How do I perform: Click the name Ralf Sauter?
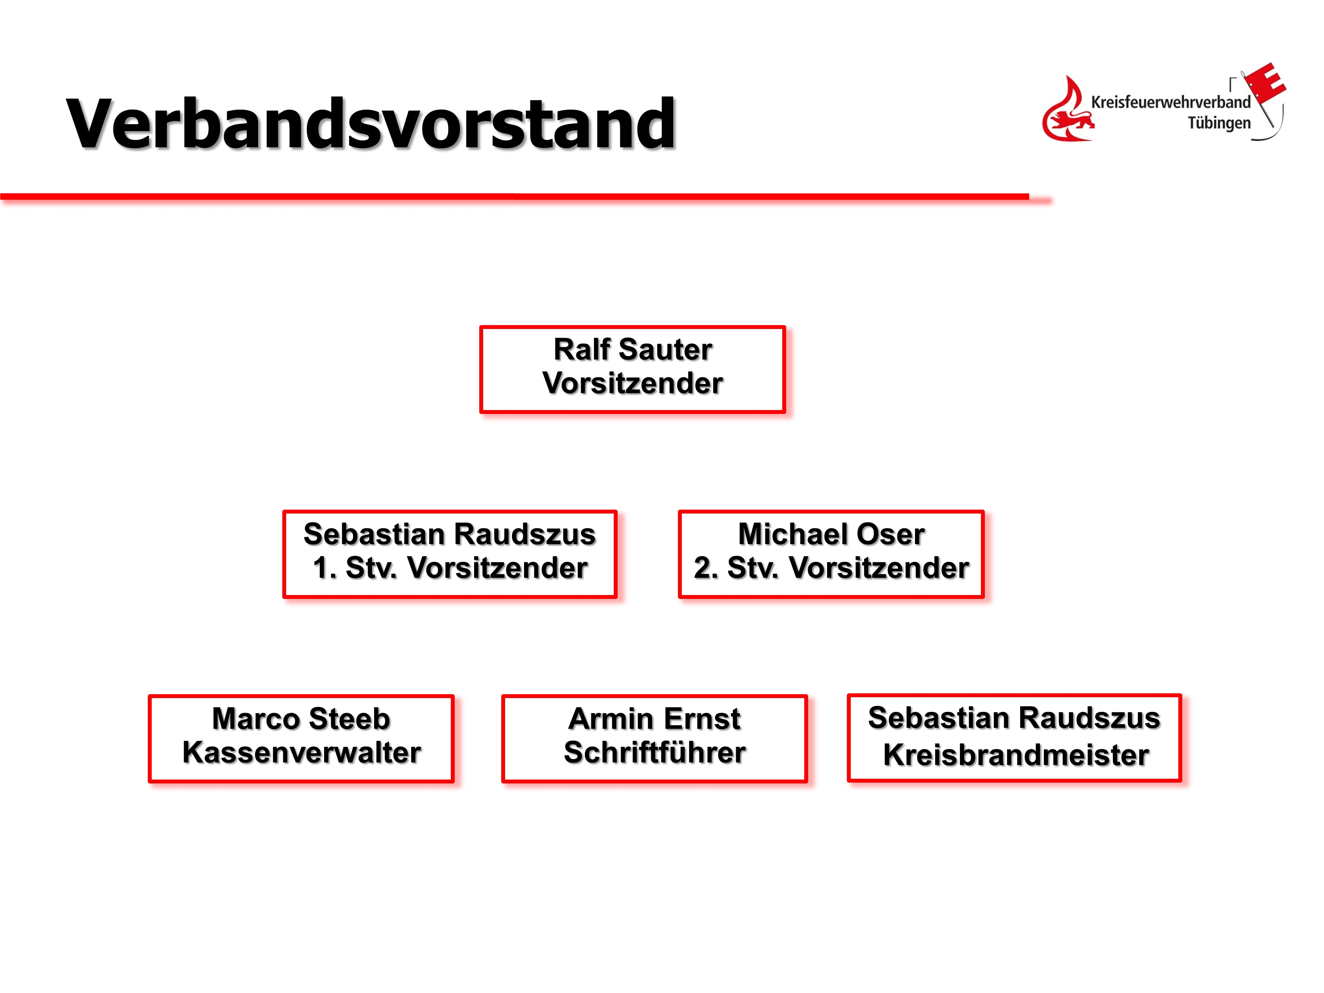click(633, 349)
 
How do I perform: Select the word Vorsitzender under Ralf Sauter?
click(633, 383)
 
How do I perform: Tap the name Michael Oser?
click(831, 534)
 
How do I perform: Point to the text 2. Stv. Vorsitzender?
click(831, 568)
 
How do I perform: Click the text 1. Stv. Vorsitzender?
click(450, 568)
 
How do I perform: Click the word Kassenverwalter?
click(302, 752)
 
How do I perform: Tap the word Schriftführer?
click(655, 752)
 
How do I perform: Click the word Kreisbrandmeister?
click(1016, 755)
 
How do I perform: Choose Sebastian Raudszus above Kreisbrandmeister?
click(1014, 717)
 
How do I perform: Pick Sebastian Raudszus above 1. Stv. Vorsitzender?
click(450, 534)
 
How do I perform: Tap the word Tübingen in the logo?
click(1219, 123)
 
